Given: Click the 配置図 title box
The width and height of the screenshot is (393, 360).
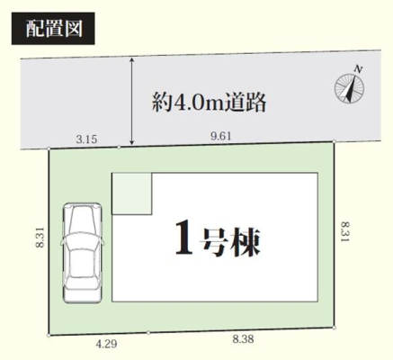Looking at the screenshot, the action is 53,29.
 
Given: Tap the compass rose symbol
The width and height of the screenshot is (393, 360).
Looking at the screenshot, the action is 349,88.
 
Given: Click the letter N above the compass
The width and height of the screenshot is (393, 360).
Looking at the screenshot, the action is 358,68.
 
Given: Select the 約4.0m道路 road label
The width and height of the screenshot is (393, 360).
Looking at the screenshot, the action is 209,102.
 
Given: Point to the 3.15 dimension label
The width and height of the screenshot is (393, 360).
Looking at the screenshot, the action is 86,139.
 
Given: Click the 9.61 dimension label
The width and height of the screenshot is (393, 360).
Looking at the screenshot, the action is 221,137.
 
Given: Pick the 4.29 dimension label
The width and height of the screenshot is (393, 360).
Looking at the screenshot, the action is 106,344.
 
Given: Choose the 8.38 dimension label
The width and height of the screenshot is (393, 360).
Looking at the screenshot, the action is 243,339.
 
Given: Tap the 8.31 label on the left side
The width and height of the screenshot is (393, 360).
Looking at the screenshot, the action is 40,238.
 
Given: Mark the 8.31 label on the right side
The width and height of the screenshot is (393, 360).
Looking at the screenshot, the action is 345,232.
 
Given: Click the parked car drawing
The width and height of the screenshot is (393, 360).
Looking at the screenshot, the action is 82,253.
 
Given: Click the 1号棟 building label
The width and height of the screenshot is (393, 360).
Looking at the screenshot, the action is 218,238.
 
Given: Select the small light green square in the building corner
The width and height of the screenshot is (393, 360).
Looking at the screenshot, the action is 131,193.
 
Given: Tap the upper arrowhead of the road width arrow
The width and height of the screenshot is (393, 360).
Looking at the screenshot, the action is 131,60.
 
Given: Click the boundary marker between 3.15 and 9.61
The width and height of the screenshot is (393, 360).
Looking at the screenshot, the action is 119,148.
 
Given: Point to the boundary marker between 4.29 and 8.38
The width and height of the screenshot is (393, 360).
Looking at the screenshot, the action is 148,332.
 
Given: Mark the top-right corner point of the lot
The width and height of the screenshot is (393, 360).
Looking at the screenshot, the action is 334,141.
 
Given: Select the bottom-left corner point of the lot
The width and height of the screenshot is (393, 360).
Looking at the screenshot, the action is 49,336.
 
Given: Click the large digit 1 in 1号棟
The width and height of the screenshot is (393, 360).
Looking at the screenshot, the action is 183,238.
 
